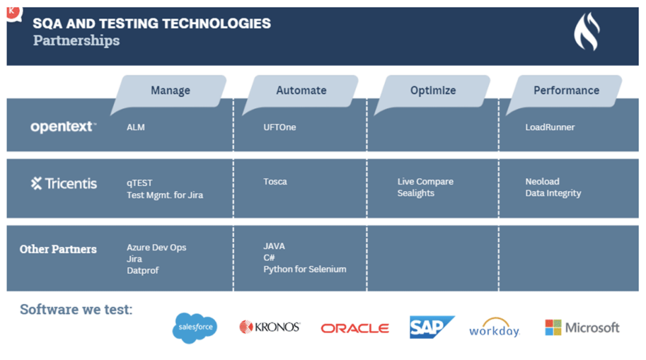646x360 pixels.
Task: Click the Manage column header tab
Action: [x=170, y=90]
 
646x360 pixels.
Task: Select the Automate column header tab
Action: [x=301, y=90]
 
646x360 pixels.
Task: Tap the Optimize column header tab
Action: [x=432, y=90]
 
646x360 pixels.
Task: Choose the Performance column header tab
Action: [x=566, y=90]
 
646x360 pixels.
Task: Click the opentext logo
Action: [x=63, y=127]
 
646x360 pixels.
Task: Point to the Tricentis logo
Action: [x=64, y=183]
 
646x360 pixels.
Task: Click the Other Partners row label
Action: [x=58, y=249]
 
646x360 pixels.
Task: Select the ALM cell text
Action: [x=136, y=127]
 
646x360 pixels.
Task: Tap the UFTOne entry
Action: [x=279, y=127]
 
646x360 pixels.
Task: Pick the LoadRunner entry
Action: [x=550, y=127]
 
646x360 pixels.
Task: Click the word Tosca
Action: [x=275, y=181]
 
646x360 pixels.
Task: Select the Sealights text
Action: [x=416, y=193]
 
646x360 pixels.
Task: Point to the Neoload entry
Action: [x=542, y=181]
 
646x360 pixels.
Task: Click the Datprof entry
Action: [x=143, y=270]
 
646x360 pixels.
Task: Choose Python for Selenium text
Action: [x=305, y=269]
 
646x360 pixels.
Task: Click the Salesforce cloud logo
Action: [x=194, y=328]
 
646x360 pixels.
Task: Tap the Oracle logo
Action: [x=355, y=328]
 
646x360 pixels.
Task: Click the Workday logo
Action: [x=494, y=329]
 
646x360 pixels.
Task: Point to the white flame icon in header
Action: [x=586, y=33]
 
